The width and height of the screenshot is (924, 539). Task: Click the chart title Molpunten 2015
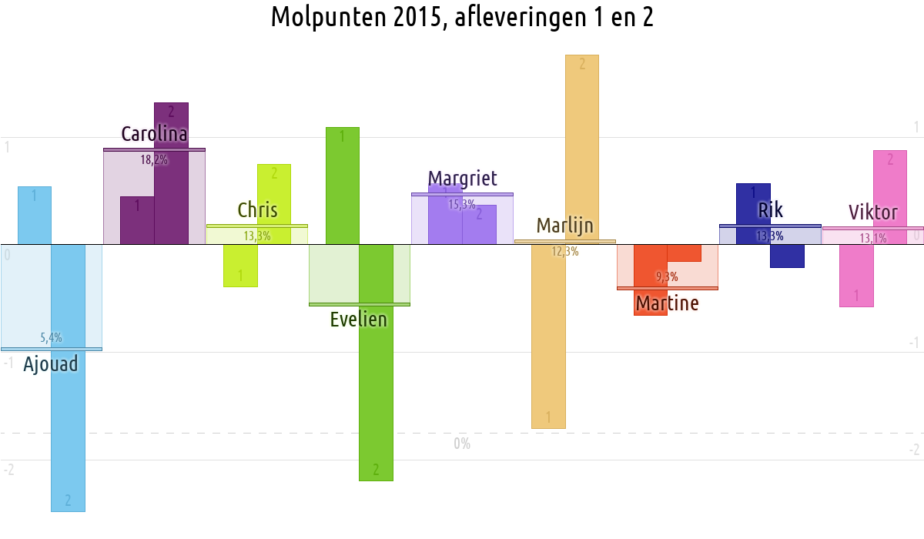click(462, 17)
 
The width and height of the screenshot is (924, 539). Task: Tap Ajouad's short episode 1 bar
click(35, 216)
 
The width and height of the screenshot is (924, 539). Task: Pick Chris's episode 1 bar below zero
click(240, 266)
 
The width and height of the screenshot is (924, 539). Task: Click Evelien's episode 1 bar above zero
click(343, 185)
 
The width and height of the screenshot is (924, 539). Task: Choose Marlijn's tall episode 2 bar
click(582, 146)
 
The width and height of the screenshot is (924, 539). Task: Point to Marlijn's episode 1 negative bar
click(548, 339)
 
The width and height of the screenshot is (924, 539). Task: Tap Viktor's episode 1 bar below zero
click(856, 276)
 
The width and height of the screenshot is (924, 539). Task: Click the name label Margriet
click(462, 179)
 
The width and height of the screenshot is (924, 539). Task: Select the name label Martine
click(667, 303)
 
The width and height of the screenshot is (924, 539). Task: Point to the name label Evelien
click(358, 319)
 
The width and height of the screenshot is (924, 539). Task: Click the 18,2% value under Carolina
click(154, 160)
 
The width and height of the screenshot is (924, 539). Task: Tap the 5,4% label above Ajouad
click(51, 337)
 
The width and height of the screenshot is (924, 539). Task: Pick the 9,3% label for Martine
click(667, 276)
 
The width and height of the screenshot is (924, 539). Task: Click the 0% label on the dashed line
click(462, 444)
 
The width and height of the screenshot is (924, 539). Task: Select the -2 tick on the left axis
click(8, 470)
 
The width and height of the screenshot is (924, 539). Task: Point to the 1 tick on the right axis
click(916, 126)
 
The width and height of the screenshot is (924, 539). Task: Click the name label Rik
click(770, 209)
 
